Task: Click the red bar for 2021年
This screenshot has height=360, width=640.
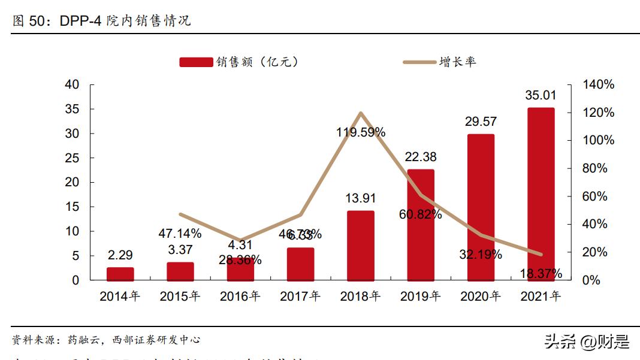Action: click(x=541, y=194)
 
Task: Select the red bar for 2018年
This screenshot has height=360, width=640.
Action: click(x=360, y=246)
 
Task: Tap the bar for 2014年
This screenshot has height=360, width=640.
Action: click(x=120, y=274)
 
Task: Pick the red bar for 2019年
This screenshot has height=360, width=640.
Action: click(x=420, y=225)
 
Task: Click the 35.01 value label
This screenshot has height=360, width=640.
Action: click(x=541, y=95)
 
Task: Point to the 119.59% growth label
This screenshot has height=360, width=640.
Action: click(x=360, y=132)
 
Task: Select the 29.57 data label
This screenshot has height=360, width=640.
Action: click(x=481, y=122)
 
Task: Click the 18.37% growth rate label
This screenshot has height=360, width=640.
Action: click(x=541, y=274)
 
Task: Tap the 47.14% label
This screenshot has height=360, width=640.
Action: click(x=180, y=233)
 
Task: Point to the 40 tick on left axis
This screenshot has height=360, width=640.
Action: click(x=72, y=85)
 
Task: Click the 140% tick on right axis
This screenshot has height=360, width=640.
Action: click(x=599, y=85)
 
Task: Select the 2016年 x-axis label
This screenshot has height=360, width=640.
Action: click(x=240, y=296)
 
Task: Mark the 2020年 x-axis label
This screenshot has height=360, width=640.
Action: click(x=481, y=296)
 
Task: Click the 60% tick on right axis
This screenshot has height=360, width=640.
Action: click(x=595, y=196)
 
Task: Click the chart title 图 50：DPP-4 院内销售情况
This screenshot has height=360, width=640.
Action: click(x=101, y=21)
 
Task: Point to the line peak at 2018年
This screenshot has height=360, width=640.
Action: click(x=360, y=113)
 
